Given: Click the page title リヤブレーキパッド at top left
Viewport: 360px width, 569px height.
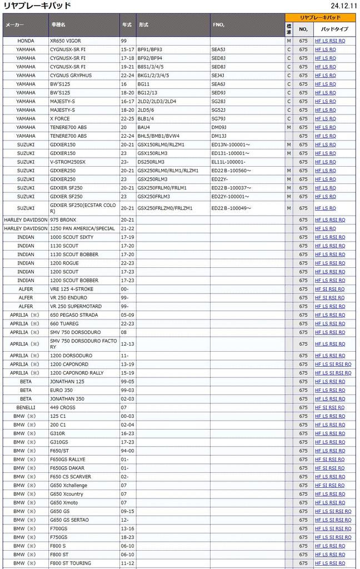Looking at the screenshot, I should pos(37,6).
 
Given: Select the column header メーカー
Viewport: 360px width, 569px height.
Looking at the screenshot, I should pos(14,25).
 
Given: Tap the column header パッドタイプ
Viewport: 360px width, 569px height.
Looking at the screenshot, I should pos(334,29).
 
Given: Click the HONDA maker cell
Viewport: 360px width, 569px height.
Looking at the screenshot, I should pos(26,41).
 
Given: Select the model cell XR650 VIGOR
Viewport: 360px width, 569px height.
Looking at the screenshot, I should pos(66,41).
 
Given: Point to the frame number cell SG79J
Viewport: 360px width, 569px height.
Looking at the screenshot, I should pos(218,119).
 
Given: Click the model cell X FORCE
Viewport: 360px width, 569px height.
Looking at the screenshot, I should pos(61,119).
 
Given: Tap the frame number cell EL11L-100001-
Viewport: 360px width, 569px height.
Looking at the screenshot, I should pos(229,162).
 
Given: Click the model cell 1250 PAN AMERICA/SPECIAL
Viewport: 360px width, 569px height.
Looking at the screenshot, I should pos(82,228).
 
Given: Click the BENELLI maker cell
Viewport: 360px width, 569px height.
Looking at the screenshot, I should pos(26,408).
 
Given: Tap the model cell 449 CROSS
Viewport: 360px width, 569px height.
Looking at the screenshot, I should pos(63,408).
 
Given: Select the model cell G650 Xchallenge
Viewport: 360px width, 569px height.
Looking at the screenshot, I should pos(69,486).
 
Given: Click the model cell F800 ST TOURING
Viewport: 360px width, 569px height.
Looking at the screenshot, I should pos(71,563).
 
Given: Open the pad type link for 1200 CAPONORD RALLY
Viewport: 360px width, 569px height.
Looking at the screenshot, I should pos(333,373).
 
